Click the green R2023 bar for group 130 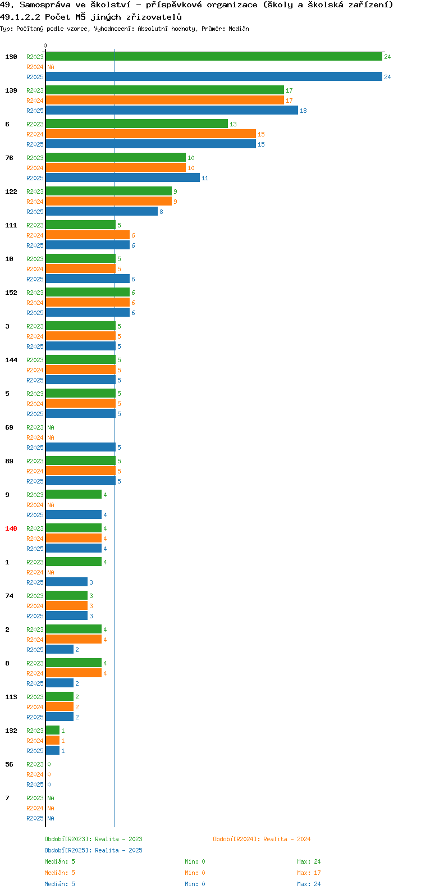tap(214, 57)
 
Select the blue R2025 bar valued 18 tap(172, 111)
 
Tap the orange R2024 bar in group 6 tap(151, 134)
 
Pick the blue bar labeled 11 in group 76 tap(122, 177)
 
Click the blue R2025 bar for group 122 tap(102, 212)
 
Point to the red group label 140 tap(11, 528)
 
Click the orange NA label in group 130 tap(51, 67)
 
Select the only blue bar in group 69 tap(81, 448)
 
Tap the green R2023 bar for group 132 tap(53, 731)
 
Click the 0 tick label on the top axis tap(45, 45)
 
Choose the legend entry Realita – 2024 tap(262, 839)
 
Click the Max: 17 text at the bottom tap(309, 873)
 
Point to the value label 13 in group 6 tap(233, 124)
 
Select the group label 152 tap(11, 293)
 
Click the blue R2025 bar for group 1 tap(67, 582)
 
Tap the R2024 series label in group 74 tap(35, 606)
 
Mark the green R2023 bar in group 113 tap(60, 696)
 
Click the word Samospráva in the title tap(45, 5)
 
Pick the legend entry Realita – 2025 tap(93, 850)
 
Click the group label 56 tap(9, 764)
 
